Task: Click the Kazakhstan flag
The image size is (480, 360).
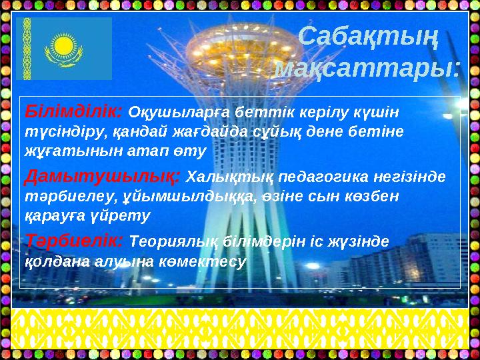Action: coord(64,48)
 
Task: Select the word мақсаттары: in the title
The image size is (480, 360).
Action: coord(367,67)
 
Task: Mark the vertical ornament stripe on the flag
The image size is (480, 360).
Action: coord(27,48)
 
